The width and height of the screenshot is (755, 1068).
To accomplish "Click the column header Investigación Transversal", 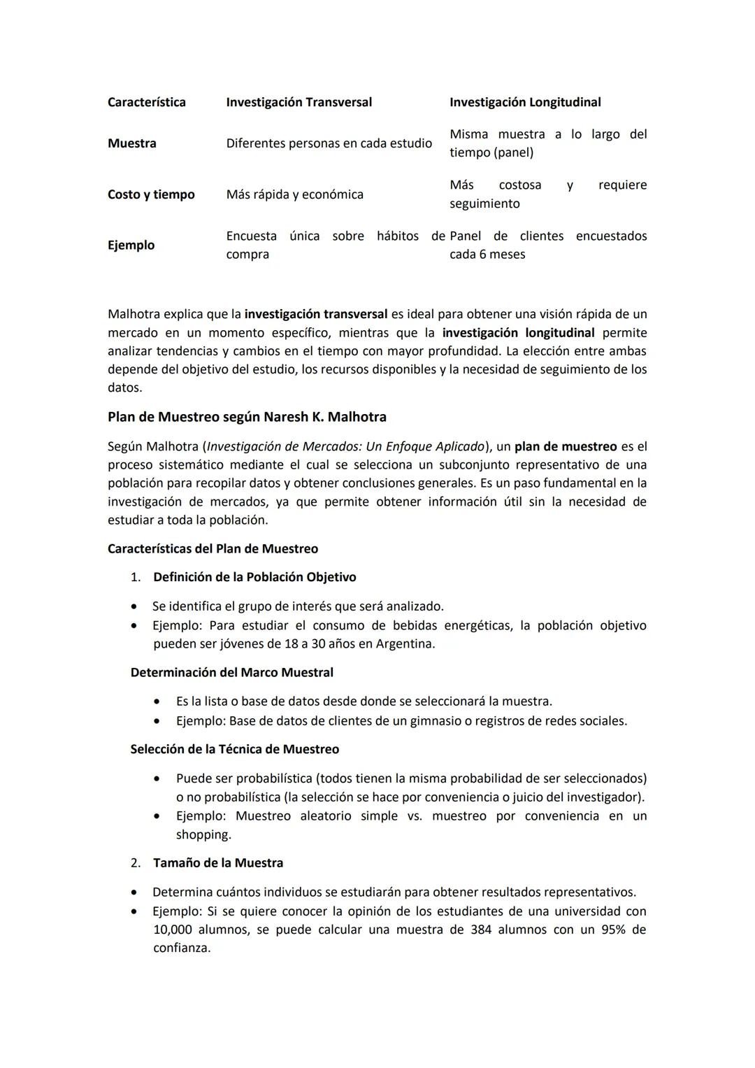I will pos(299,102).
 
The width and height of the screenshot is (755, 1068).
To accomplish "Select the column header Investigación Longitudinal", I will pos(524,102).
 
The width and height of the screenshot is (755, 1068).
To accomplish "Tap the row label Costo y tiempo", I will pos(151,194).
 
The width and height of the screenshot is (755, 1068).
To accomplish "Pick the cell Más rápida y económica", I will pos(294,194).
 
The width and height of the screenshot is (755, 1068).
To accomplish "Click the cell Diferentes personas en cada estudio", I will pos(329,143).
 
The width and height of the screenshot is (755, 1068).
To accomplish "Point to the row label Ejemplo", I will pos(131,245).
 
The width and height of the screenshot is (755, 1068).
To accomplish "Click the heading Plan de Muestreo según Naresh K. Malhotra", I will pos(247,417).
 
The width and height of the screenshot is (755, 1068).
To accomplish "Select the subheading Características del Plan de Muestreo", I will pos(213,549).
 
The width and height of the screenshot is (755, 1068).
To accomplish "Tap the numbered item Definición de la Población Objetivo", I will pos(254,577).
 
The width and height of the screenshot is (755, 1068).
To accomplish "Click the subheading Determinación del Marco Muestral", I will pos(231,672).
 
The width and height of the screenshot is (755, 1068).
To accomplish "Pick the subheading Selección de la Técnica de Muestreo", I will pos(234,749).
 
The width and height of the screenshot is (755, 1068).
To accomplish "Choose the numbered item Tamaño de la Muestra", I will pos(218,863).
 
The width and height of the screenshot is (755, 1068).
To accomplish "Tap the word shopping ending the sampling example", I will pos(203,834).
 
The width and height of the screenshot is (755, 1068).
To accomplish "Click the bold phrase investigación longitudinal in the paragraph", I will pos(518,333).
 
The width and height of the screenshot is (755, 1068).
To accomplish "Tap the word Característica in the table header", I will pos(147,102).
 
